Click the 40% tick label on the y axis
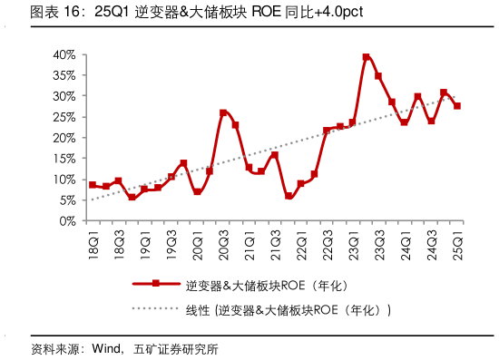click(63, 54)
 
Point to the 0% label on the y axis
click(66, 220)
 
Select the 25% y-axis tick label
click(63, 117)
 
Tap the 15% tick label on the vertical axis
click(63, 159)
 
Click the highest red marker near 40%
click(366, 57)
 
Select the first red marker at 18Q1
click(93, 185)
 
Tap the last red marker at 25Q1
click(457, 106)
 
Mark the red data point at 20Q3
click(223, 112)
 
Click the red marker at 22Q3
click(327, 131)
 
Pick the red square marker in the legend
click(156, 284)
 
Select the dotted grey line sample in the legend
click(156, 309)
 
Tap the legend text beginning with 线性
click(288, 310)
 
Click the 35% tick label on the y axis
click(63, 75)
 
